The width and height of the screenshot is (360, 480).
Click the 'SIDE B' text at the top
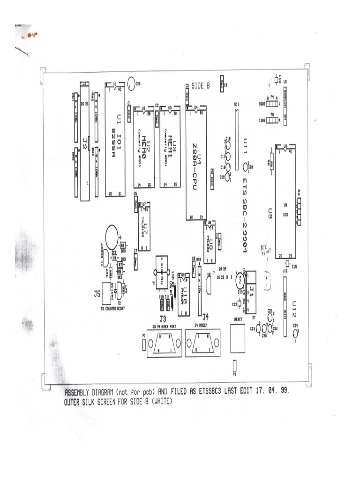201,85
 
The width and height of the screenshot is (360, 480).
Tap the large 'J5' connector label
97,294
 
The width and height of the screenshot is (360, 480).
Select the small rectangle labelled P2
235,366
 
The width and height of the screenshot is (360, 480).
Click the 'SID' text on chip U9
285,215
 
